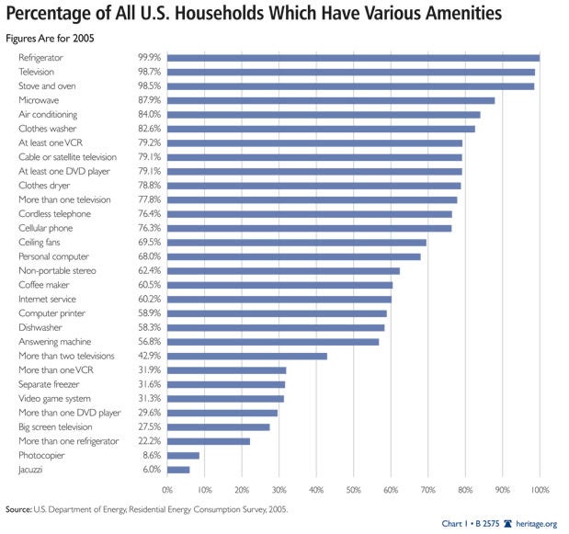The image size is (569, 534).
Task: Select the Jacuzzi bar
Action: click(178, 470)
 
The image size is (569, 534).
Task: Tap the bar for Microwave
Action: click(331, 100)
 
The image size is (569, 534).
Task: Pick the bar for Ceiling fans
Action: click(297, 243)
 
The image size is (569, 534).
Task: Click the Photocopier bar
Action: click(183, 455)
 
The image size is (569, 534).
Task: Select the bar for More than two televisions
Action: click(247, 356)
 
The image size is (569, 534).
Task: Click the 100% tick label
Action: click(540, 488)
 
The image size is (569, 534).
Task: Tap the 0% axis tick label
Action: click(167, 488)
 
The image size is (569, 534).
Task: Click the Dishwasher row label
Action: click(40, 327)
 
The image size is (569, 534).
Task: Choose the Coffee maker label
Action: click(43, 285)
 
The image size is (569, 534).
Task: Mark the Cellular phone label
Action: click(45, 228)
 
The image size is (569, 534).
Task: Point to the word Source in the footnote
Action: click(18, 506)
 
